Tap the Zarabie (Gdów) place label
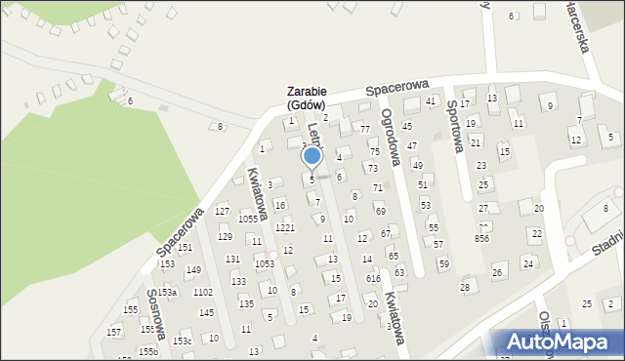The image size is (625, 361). coord(306,98)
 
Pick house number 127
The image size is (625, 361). coord(223,212)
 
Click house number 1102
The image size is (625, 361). coord(203,293)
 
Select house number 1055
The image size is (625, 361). coord(248,220)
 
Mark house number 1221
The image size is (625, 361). coord(285,227)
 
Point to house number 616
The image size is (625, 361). coord(373,279)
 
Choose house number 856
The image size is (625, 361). coord(482,238)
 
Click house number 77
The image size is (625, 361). coord(365,129)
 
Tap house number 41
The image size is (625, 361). coord(431,101)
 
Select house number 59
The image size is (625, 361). coord(443,263)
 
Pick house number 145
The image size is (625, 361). coord(206,313)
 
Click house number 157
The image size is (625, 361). coord(114,333)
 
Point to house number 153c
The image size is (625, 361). coord(183,341)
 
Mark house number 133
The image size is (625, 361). coord(238,281)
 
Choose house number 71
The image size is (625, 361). coord(378,187)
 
